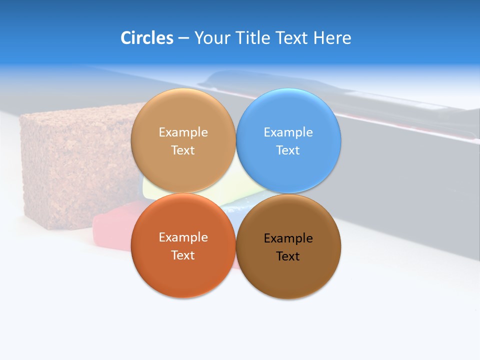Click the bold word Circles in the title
pyautogui.click(x=147, y=38)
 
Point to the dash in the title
pyautogui.click(x=183, y=38)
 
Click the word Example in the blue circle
pyautogui.click(x=288, y=132)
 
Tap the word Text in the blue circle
pyautogui.click(x=288, y=150)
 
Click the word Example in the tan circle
pyautogui.click(x=183, y=132)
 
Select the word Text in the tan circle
pyautogui.click(x=183, y=150)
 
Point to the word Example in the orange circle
pyautogui.click(x=183, y=237)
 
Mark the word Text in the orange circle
pyautogui.click(x=183, y=255)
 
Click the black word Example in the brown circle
pyautogui.click(x=288, y=238)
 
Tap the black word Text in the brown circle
pyautogui.click(x=288, y=256)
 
